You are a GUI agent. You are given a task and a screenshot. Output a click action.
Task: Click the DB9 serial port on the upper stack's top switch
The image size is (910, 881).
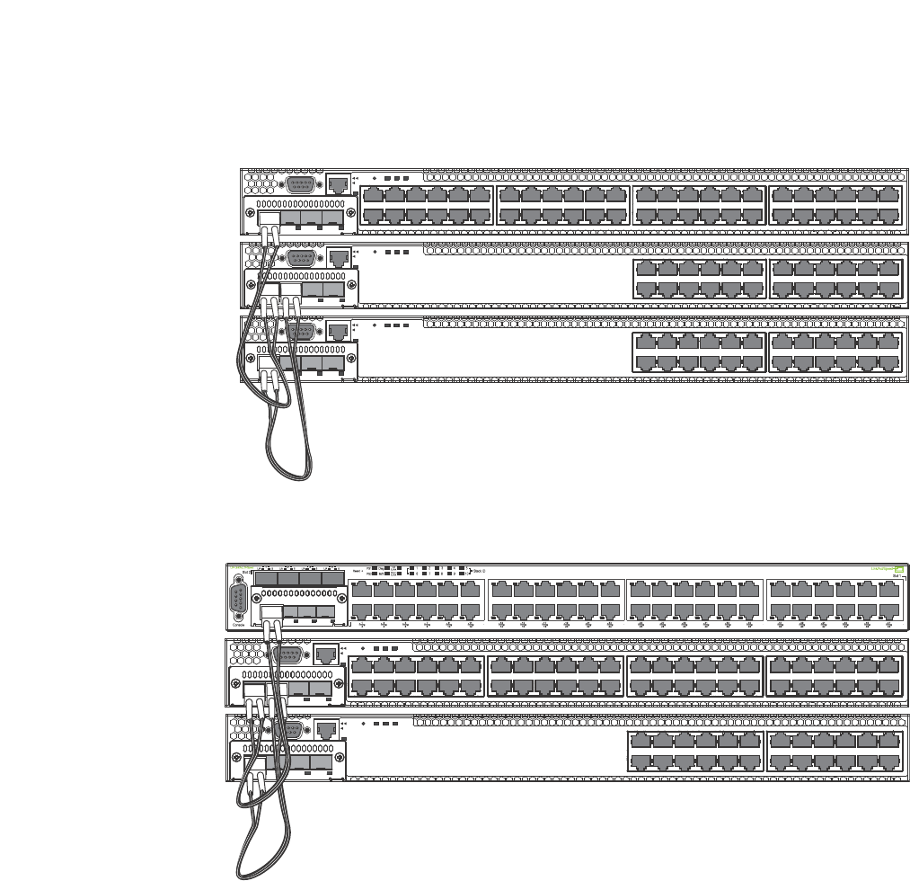(x=299, y=184)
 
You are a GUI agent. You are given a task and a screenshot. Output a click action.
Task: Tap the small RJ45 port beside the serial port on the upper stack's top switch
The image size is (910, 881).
(x=338, y=183)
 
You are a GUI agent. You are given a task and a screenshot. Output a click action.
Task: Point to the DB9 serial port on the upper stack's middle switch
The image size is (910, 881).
(x=299, y=257)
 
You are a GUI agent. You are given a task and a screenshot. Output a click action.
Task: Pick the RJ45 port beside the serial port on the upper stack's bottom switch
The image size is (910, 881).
(x=338, y=330)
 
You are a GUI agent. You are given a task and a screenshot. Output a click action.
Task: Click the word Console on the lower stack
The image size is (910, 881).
(x=237, y=626)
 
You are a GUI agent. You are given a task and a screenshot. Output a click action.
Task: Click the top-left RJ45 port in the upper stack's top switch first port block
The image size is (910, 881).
(x=373, y=195)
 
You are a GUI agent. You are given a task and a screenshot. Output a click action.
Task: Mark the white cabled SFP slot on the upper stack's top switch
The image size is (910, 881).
(x=269, y=218)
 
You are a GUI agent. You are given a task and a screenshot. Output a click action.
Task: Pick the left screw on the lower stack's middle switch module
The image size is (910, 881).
(x=237, y=686)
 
